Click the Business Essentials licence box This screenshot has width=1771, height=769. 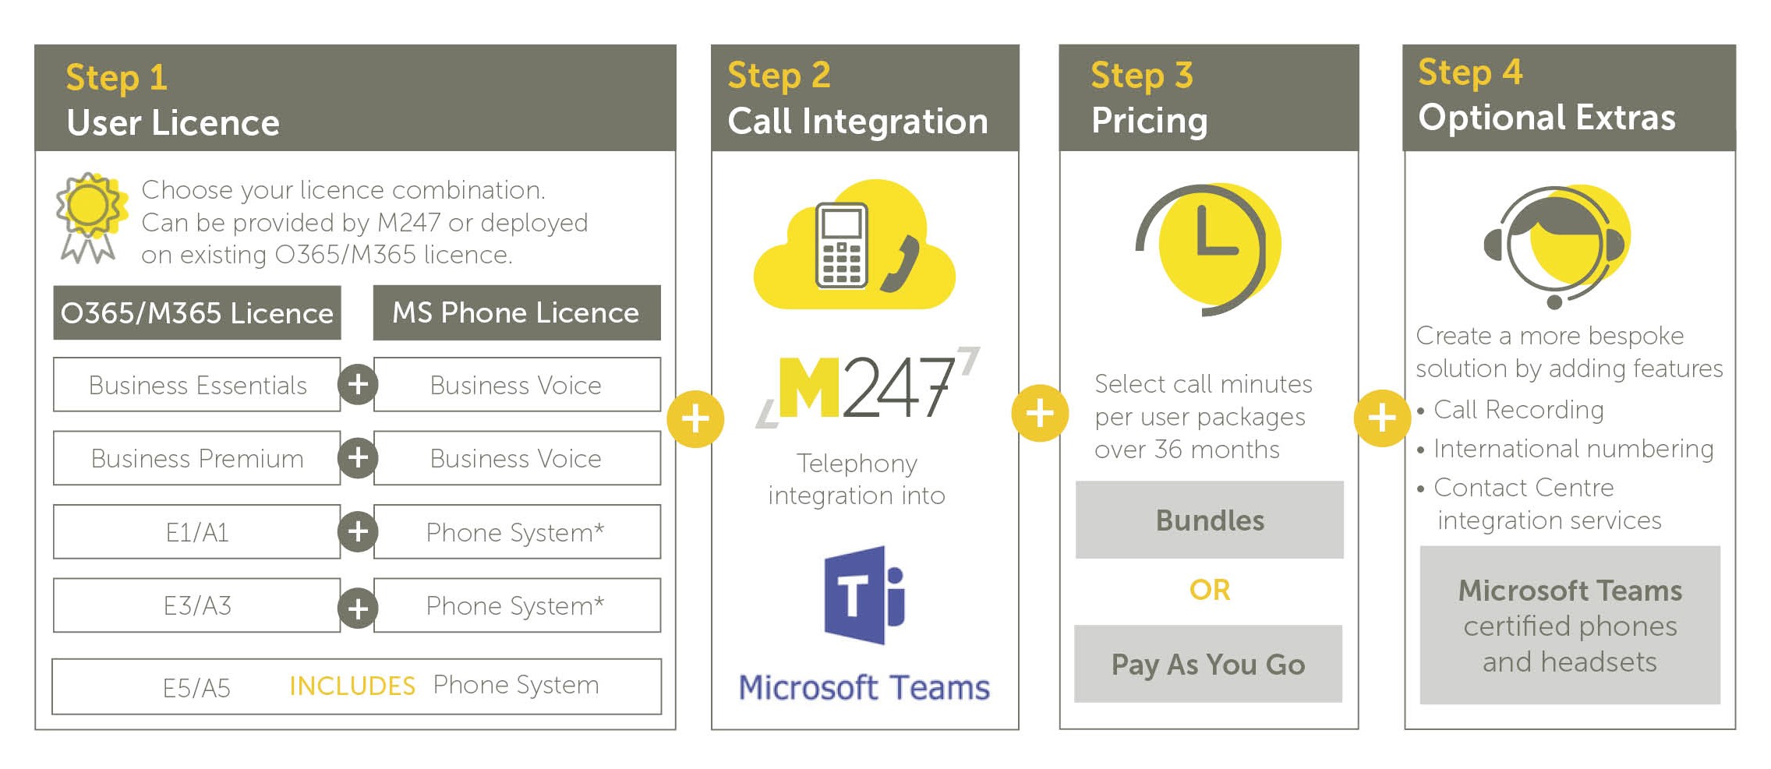point(196,384)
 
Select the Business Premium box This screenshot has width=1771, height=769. point(196,458)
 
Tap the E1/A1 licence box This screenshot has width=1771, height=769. point(196,531)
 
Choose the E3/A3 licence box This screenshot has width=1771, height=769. point(196,605)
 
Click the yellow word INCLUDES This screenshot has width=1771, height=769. point(352,686)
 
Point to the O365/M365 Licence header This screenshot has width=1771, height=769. point(197,312)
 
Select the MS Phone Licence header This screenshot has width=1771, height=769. point(517,312)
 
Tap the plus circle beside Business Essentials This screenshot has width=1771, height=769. point(358,384)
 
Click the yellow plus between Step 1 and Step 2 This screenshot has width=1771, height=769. point(695,419)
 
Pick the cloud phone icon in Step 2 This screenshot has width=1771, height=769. point(854,245)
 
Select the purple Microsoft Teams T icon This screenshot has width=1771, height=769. point(864,595)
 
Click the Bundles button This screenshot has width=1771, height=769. point(1210,520)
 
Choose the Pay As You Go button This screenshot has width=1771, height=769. point(1208,664)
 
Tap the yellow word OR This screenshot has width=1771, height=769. point(1210,590)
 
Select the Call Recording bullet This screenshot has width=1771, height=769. point(1510,410)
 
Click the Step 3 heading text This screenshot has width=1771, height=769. point(1142,76)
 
